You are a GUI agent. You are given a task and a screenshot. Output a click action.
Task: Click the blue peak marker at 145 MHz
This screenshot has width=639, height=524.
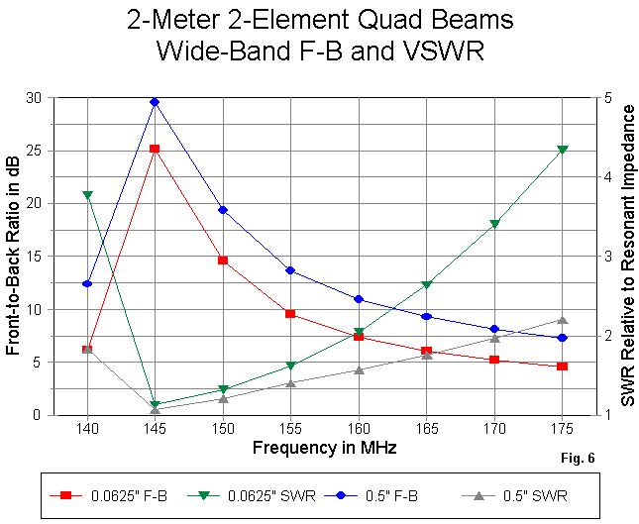pyautogui.click(x=155, y=102)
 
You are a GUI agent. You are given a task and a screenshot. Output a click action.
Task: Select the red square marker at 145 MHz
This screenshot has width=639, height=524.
pyautogui.click(x=155, y=149)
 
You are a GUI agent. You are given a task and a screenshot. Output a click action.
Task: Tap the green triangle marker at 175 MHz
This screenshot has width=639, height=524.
pyautogui.click(x=563, y=150)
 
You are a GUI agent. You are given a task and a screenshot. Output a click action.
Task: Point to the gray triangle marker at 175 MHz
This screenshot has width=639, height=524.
pyautogui.click(x=563, y=320)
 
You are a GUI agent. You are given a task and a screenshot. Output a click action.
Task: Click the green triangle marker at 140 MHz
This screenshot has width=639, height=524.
pyautogui.click(x=87, y=195)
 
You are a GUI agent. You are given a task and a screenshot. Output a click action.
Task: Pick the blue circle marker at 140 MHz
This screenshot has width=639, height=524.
pyautogui.click(x=87, y=283)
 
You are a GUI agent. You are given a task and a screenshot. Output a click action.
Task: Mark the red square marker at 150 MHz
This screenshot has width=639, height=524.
pyautogui.click(x=223, y=261)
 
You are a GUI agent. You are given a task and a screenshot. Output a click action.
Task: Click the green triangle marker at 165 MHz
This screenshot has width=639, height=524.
pyautogui.click(x=426, y=285)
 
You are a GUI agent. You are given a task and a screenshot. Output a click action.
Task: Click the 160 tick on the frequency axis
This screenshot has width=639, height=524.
pyautogui.click(x=359, y=429)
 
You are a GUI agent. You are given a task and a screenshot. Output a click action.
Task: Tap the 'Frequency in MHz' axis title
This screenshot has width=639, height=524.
pyautogui.click(x=324, y=448)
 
